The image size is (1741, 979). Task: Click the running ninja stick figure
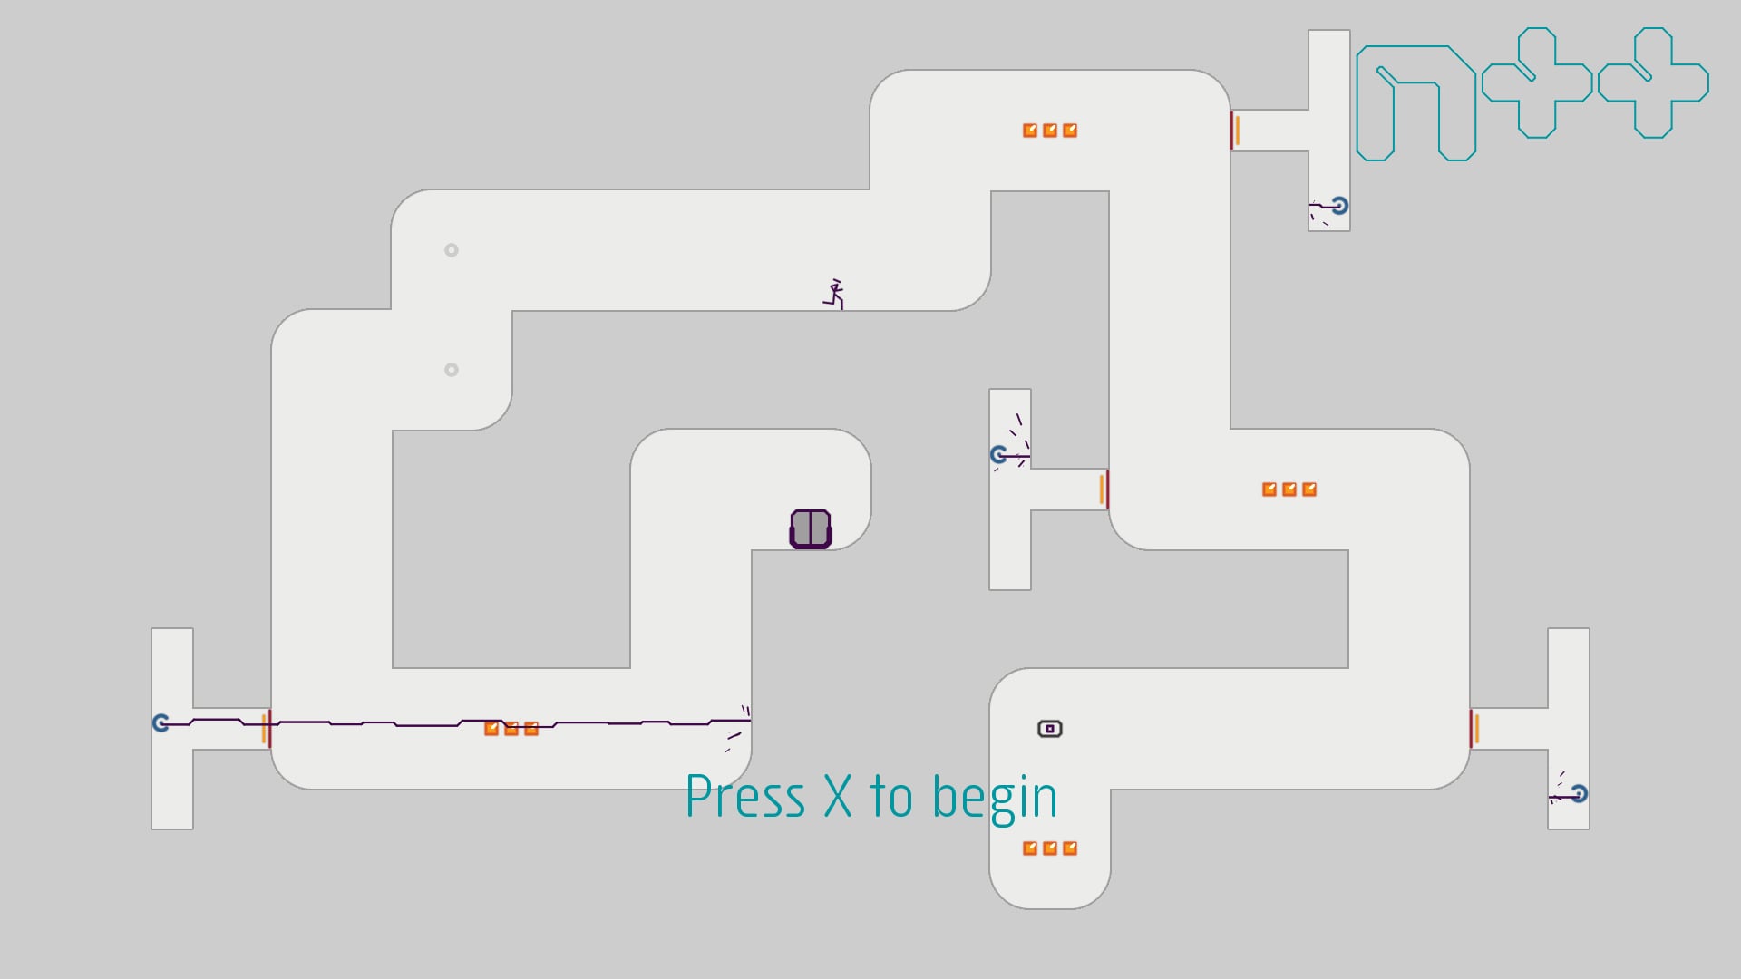834,295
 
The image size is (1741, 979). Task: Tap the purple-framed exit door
811,529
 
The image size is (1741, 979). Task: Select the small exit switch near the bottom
1049,729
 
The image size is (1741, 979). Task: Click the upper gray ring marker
452,250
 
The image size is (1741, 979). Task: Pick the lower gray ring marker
452,370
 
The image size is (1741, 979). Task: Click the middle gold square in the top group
1050,131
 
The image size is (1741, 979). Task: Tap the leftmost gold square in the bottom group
1030,848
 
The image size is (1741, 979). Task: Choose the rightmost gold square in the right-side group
1309,489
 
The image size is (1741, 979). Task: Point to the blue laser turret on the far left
161,722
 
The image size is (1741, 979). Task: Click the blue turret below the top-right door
1339,206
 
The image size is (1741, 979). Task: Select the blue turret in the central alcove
999,454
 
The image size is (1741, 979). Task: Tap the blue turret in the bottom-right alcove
1579,794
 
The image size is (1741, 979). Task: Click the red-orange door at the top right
1235,131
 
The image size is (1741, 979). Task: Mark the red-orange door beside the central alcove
1104,489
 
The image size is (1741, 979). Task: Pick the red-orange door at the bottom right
1474,729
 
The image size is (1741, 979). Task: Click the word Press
745,798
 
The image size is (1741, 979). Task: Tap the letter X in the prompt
838,798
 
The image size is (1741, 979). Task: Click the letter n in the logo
1416,103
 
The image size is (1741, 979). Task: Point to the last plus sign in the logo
1654,82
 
